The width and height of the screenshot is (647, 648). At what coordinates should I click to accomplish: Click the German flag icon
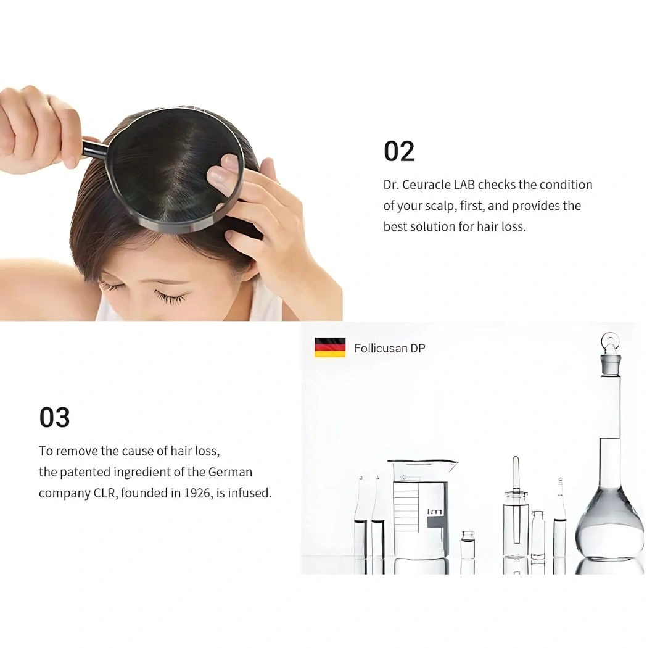330,347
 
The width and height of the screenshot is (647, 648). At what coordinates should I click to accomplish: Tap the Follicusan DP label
390,349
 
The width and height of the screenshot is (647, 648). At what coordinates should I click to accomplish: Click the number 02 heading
399,151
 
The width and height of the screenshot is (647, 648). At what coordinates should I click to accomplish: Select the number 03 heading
54,417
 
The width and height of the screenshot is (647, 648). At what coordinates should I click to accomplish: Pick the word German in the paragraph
230,472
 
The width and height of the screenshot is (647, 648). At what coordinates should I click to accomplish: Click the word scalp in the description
442,206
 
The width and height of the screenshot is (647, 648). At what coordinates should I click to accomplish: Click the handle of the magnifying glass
95,149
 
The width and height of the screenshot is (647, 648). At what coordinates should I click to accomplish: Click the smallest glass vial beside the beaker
468,545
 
